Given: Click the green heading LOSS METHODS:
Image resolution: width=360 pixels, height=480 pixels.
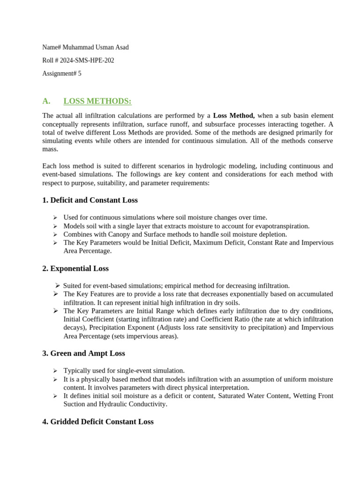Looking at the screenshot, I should pyautogui.click(x=97, y=101).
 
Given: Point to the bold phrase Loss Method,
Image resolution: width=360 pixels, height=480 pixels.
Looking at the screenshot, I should pyautogui.click(x=234, y=115).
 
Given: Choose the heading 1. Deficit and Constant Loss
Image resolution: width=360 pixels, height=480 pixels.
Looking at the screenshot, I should pyautogui.click(x=90, y=200).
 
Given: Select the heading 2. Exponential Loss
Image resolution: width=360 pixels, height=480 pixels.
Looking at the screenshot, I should pyautogui.click(x=75, y=269).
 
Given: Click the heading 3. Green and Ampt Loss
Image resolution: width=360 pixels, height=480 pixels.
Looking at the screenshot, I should pyautogui.click(x=83, y=353).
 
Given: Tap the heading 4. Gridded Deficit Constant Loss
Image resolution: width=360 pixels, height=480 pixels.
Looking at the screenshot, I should pyautogui.click(x=98, y=422).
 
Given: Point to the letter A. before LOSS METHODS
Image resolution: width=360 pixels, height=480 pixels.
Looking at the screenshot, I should pyautogui.click(x=46, y=101).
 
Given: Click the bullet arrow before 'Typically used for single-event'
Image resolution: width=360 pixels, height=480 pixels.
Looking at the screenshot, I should pyautogui.click(x=55, y=371).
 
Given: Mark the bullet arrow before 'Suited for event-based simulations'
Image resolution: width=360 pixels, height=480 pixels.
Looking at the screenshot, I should pyautogui.click(x=57, y=285).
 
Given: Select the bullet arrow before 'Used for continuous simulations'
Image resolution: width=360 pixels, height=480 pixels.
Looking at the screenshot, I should pyautogui.click(x=55, y=217).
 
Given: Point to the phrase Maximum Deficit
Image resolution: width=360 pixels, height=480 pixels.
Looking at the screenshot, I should pyautogui.click(x=219, y=243).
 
